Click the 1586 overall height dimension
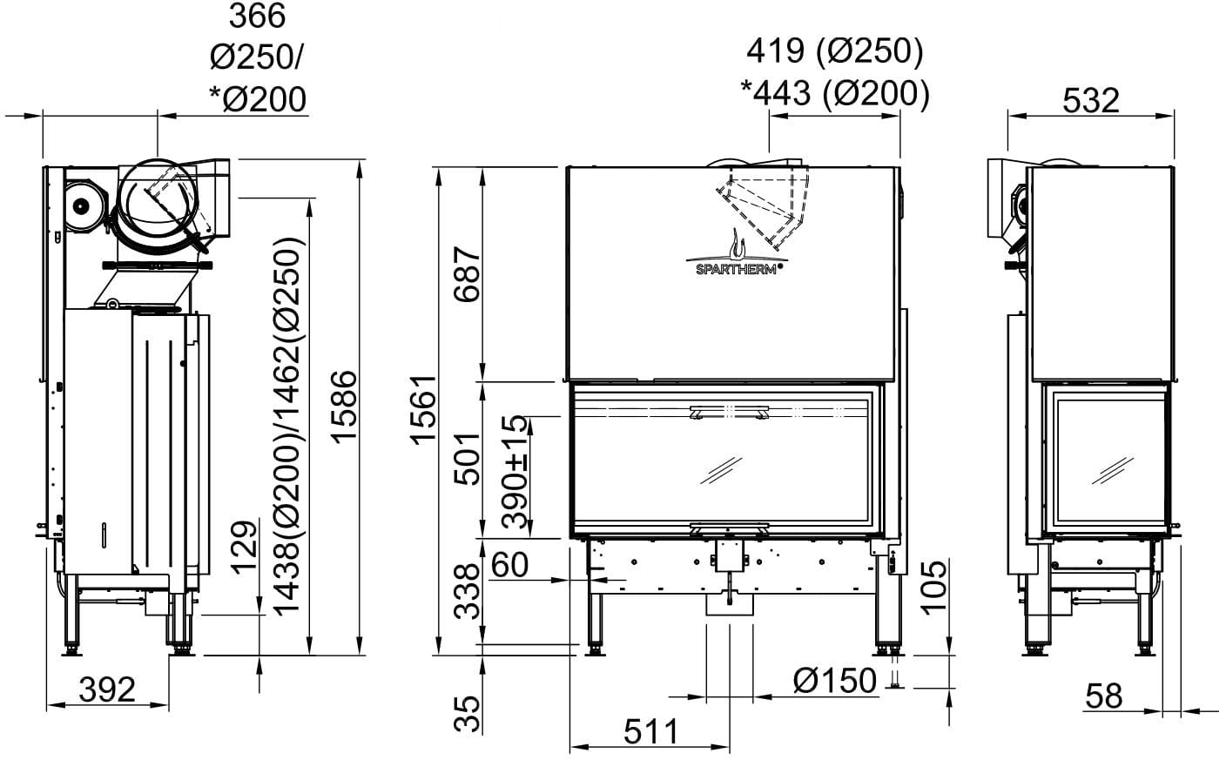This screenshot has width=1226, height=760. point(345,407)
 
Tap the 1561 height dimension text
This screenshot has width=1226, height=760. point(424,410)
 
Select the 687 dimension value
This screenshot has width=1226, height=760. point(467,274)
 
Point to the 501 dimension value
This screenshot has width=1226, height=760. point(467,459)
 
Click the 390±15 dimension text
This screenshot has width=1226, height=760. point(515,472)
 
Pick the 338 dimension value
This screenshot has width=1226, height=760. point(467,591)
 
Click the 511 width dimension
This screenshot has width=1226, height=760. point(650,731)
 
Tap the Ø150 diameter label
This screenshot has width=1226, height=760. point(835,681)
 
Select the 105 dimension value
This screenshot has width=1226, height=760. point(933,587)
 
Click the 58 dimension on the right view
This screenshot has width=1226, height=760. point(1104,696)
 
